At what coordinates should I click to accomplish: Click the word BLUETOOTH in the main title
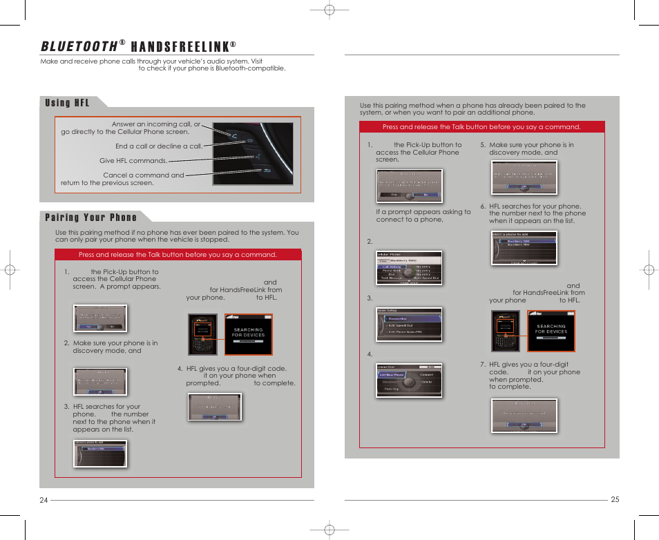pyautogui.click(x=78, y=46)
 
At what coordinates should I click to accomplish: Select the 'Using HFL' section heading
pyautogui.click(x=67, y=103)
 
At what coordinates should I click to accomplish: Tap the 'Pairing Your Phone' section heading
pyautogui.click(x=90, y=218)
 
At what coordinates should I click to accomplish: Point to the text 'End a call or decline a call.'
pyautogui.click(x=159, y=146)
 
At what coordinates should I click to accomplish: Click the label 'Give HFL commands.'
pyautogui.click(x=133, y=161)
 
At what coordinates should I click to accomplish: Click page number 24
pyautogui.click(x=44, y=501)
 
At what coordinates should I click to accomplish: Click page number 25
pyautogui.click(x=615, y=500)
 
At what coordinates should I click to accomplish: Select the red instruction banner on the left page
pyautogui.click(x=178, y=255)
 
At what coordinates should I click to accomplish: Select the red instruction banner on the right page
pyautogui.click(x=481, y=127)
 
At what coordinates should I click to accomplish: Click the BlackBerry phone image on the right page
pyautogui.click(x=506, y=331)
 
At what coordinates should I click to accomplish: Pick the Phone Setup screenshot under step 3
pyautogui.click(x=408, y=325)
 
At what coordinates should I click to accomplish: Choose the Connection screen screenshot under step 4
pyautogui.click(x=408, y=380)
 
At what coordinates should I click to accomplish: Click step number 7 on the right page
pyautogui.click(x=483, y=365)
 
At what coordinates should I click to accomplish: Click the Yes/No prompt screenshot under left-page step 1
pyautogui.click(x=101, y=318)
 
